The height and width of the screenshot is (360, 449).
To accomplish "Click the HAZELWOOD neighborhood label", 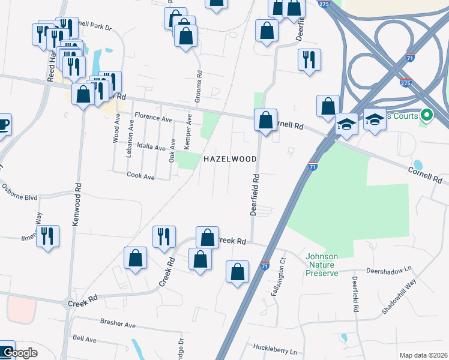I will [231, 159].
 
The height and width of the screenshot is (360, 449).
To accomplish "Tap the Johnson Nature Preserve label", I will [322, 265].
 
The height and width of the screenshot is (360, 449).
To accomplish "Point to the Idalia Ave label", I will [151, 147].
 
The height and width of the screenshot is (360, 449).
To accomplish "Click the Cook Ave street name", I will [140, 176].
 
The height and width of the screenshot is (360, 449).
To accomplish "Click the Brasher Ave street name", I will [118, 324].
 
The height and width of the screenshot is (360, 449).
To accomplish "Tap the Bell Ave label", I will [84, 339].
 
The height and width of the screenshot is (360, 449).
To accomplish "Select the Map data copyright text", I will [422, 355].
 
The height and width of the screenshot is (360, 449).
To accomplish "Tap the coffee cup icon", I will [3, 125].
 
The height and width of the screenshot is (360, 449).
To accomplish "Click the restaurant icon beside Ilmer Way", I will [47, 235].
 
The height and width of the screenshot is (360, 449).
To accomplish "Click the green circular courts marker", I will [427, 113].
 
